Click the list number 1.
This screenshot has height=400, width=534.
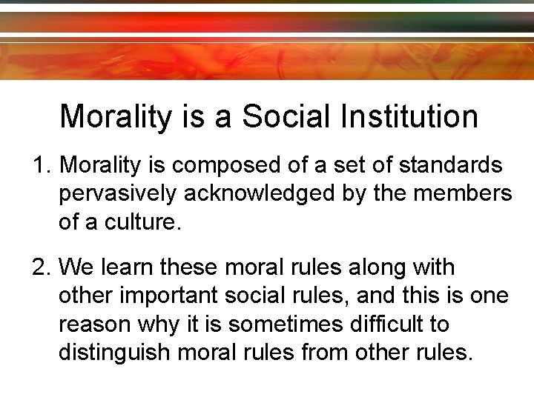(x=41, y=164)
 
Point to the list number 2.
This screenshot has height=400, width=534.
(x=41, y=266)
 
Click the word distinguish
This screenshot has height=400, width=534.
(x=117, y=351)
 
